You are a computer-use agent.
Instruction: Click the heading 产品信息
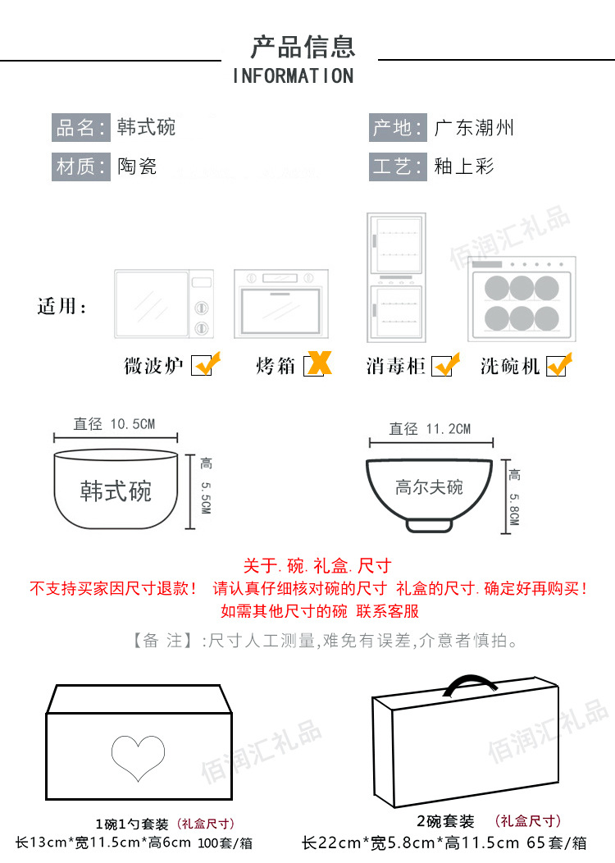pyautogui.click(x=303, y=46)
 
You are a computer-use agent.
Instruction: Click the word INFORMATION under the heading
pyautogui.click(x=293, y=76)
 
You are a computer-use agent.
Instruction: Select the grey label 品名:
pyautogui.click(x=80, y=128)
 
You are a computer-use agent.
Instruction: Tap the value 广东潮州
pyautogui.click(x=474, y=128)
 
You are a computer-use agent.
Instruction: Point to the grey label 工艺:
pyautogui.click(x=398, y=167)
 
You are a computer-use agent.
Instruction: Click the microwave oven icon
pyautogui.click(x=163, y=304)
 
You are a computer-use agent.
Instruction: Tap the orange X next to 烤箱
pyautogui.click(x=317, y=363)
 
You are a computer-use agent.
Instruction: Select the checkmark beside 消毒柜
pyautogui.click(x=445, y=363)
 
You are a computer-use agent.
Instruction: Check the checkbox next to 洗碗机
pyautogui.click(x=558, y=364)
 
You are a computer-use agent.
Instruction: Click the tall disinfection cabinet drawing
pyautogui.click(x=396, y=276)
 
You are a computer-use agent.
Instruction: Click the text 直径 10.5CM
pyautogui.click(x=114, y=423)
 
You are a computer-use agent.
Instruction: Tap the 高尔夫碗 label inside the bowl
pyautogui.click(x=429, y=487)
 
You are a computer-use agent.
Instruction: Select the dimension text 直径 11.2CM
pyautogui.click(x=430, y=428)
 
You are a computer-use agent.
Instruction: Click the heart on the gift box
pyautogui.click(x=139, y=757)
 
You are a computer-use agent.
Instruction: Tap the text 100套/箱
pyautogui.click(x=225, y=842)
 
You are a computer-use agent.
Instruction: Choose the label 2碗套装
pyautogui.click(x=446, y=821)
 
